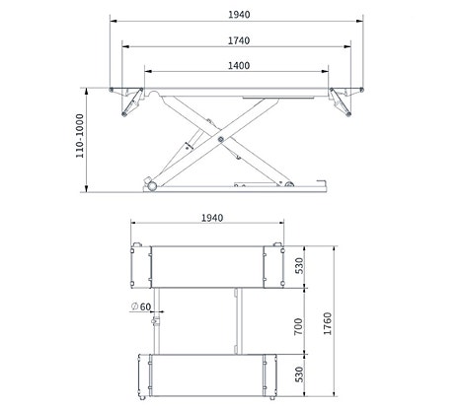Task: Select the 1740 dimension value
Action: click(236, 40)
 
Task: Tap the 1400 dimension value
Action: click(236, 65)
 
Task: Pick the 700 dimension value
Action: click(300, 326)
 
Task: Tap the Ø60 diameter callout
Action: click(141, 306)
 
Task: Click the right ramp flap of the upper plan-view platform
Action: click(274, 264)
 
